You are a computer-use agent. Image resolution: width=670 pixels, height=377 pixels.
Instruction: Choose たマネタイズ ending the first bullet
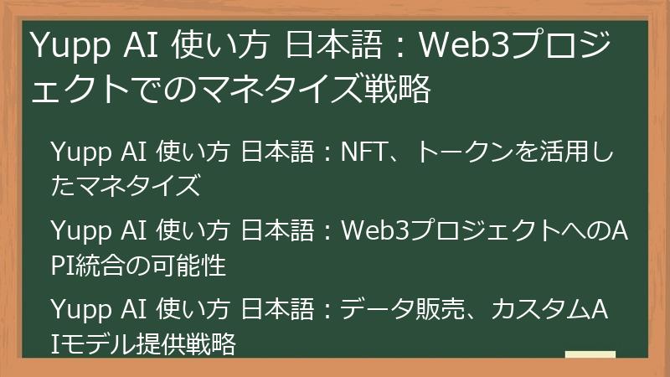pyautogui.click(x=126, y=187)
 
